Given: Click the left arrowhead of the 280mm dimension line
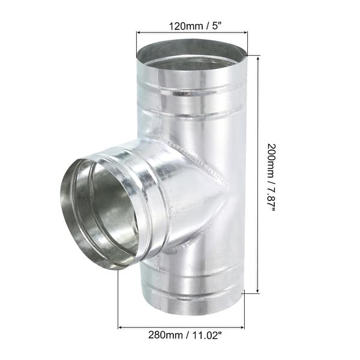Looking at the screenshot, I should [121, 328].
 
